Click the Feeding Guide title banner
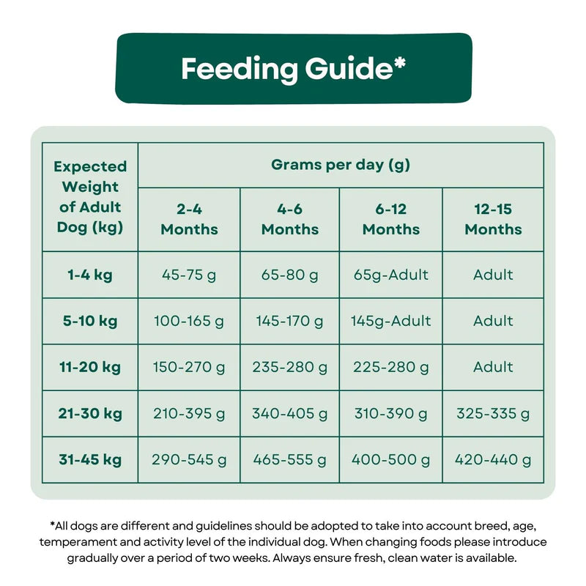pos(293,68)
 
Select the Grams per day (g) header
pos(341,165)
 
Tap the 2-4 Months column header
pos(189,219)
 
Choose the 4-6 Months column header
pos(290,219)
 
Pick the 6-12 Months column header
pos(391,219)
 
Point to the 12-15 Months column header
pos(493,219)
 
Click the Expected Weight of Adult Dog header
pos(90,196)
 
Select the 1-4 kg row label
pos(90,275)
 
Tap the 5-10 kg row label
pos(90,321)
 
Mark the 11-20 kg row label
pos(90,367)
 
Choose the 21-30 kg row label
pos(90,413)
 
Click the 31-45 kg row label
pos(90,460)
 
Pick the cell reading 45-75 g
pos(189,275)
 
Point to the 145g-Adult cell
pos(391,321)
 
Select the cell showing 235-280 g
pos(290,367)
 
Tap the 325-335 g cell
pos(493,413)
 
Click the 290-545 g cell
pos(189,460)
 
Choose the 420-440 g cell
pos(493,460)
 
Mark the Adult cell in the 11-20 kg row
pos(493,367)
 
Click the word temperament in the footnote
pos(81,542)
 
